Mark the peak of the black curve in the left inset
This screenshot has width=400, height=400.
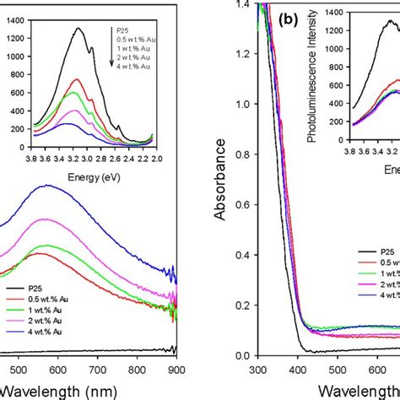point(78,28)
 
